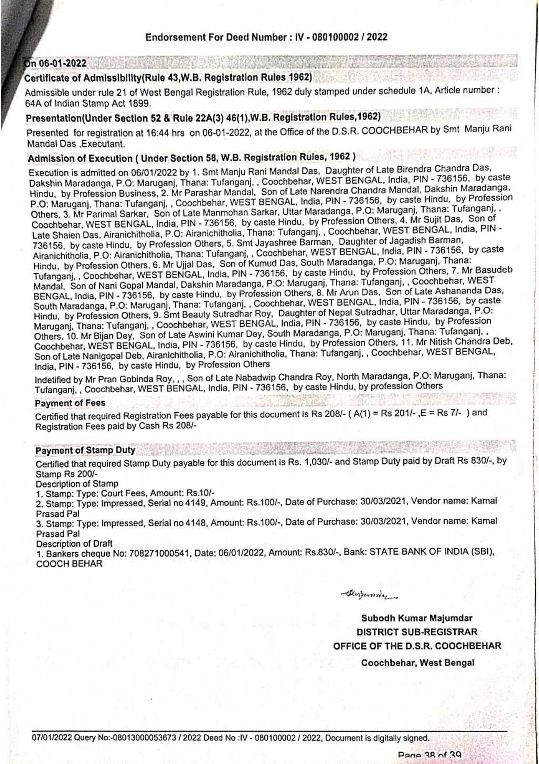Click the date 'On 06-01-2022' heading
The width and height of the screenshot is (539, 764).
[56, 64]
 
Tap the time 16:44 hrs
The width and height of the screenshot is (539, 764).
[164, 133]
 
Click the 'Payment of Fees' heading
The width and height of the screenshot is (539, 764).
[70, 403]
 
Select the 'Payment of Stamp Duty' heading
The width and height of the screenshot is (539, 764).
[85, 450]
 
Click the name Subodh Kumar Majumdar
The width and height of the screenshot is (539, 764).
[416, 618]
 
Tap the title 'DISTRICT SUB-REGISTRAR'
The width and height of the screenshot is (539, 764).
[416, 632]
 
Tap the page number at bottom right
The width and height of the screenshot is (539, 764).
[429, 755]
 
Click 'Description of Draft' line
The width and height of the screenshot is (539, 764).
[74, 543]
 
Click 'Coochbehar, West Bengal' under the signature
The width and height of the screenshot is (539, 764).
[417, 663]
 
